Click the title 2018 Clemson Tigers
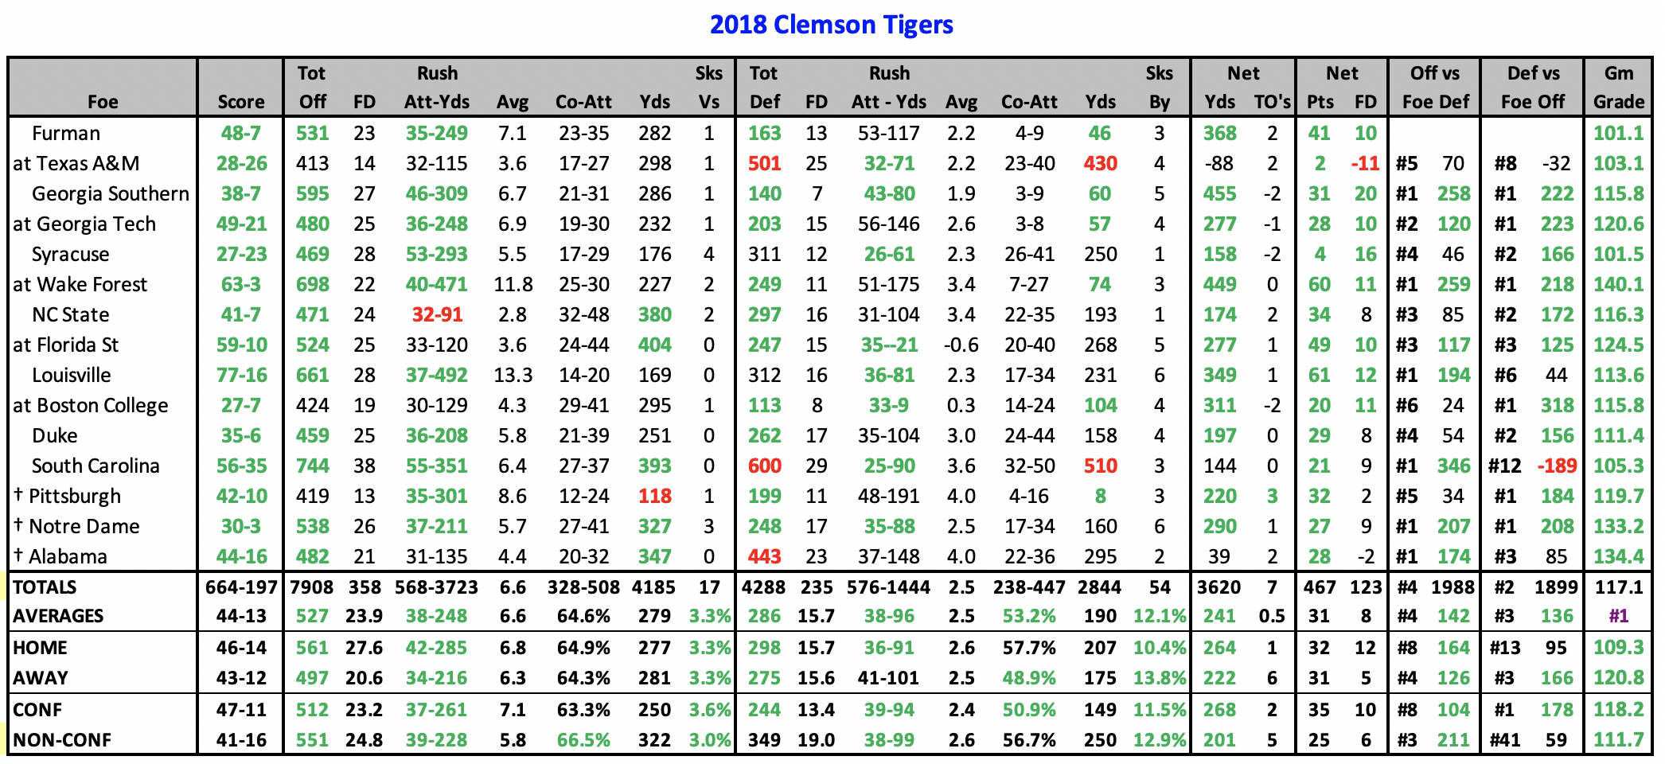click(x=831, y=25)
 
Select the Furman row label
click(x=66, y=134)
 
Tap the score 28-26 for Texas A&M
click(x=241, y=164)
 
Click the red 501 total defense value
click(x=764, y=164)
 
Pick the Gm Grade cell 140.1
click(x=1618, y=285)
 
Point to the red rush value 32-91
click(x=437, y=315)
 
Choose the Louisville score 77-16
click(x=241, y=376)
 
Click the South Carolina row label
click(x=96, y=466)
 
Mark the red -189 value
click(x=1556, y=466)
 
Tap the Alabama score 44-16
click(x=241, y=557)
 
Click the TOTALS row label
click(x=45, y=587)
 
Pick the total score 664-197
click(x=241, y=587)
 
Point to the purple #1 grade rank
click(x=1618, y=616)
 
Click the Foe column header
click(x=103, y=102)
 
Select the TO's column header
click(x=1272, y=102)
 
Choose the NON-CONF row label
click(x=62, y=740)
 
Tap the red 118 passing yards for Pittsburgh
click(x=654, y=497)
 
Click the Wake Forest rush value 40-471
click(x=437, y=285)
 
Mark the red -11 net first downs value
click(x=1365, y=164)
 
